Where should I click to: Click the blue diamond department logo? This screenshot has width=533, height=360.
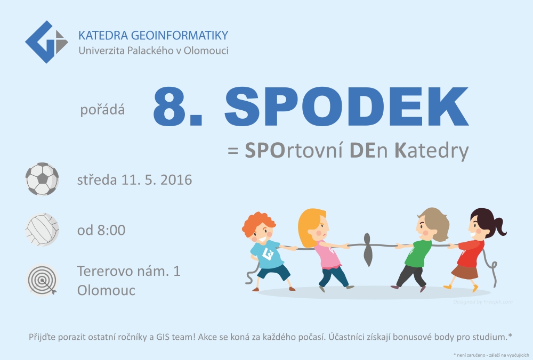point(46,42)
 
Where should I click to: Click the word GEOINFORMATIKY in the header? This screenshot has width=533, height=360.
point(179,35)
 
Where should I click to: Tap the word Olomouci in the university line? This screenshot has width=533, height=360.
point(206,51)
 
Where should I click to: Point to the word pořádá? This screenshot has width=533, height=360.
point(103,110)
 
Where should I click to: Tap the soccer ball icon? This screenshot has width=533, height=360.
point(42,179)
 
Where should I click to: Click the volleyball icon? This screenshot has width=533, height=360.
point(42,230)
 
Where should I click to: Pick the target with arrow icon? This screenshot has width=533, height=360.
point(42,281)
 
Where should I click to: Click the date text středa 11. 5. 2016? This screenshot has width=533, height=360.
point(135,179)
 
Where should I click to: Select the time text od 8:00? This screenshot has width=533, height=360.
point(101,230)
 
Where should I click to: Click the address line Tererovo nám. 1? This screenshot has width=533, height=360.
point(129,271)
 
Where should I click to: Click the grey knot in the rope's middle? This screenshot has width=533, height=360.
point(367,249)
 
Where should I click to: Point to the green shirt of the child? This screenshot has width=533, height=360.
point(417,253)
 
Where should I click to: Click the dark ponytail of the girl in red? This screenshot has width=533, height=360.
point(499,226)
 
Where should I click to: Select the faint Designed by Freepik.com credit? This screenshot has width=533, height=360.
point(483,301)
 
